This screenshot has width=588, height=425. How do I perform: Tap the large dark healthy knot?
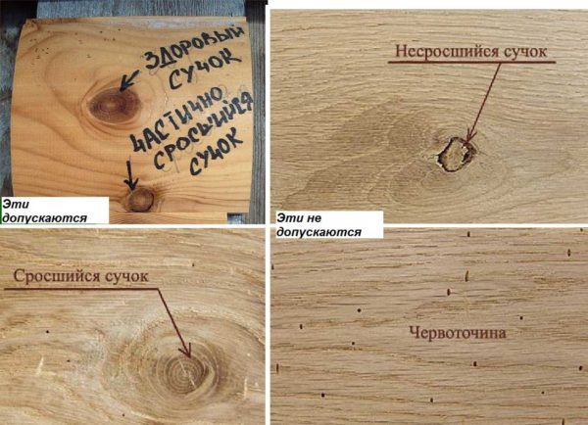[x=114, y=105]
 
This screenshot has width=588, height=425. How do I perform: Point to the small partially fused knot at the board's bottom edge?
[x=140, y=200]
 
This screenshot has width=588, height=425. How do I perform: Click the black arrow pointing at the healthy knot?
[x=127, y=80]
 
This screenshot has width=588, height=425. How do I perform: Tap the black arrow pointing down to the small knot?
[x=131, y=174]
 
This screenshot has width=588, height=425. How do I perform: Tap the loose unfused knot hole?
[x=456, y=154]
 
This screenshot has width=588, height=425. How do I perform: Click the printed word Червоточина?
[x=458, y=333]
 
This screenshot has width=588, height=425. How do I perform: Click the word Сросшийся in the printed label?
[x=57, y=276]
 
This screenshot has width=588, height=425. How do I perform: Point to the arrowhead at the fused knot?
[x=186, y=351]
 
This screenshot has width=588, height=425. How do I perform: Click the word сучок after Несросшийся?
[x=525, y=52]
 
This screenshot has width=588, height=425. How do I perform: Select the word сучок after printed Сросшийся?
[x=126, y=276]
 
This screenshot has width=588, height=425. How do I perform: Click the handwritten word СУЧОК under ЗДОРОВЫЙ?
[x=204, y=71]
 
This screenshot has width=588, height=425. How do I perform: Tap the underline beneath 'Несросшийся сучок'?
[x=471, y=62]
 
